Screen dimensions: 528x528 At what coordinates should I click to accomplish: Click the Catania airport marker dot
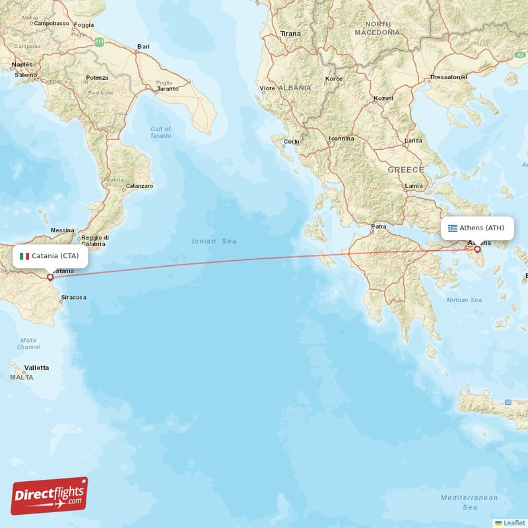click(x=49, y=277)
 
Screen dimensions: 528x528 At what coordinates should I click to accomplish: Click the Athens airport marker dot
click(x=477, y=249)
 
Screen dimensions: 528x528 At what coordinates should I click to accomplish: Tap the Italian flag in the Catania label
click(x=24, y=256)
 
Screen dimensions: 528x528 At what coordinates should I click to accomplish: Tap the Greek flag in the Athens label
click(x=453, y=228)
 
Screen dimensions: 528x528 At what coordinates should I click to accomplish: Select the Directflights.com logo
click(x=49, y=496)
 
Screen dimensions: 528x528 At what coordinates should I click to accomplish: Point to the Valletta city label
click(x=36, y=368)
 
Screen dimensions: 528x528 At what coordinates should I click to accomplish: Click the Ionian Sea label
click(x=214, y=242)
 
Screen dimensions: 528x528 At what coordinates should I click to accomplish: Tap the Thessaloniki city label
click(x=448, y=77)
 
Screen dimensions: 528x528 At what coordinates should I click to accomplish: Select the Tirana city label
click(x=290, y=33)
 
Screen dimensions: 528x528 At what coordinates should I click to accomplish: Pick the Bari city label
click(x=143, y=47)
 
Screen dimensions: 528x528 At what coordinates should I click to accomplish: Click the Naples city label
click(x=22, y=64)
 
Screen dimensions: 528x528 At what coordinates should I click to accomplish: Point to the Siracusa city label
click(x=73, y=298)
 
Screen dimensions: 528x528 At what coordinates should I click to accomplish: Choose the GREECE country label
click(x=405, y=170)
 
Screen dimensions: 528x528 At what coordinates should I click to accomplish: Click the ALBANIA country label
click(x=294, y=88)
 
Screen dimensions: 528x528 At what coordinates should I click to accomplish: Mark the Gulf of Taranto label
click(x=160, y=132)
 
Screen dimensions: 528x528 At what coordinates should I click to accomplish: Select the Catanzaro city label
click(x=139, y=186)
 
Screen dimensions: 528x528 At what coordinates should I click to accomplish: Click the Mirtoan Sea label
click(x=464, y=300)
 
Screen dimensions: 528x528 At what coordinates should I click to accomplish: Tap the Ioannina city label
click(x=341, y=139)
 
